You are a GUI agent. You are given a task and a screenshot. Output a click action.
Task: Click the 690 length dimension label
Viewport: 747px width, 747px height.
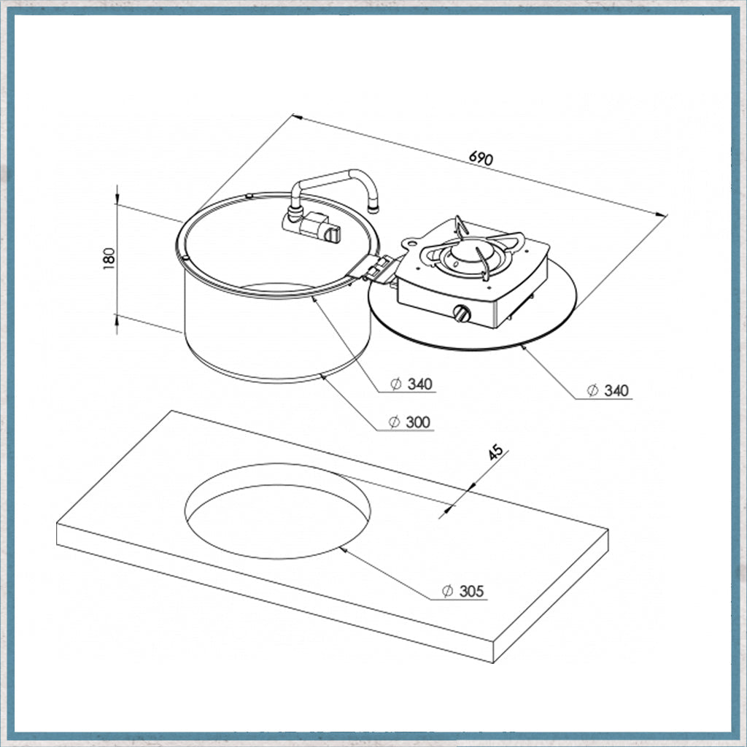[481, 158]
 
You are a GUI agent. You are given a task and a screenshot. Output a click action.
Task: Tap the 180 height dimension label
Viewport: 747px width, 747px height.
[109, 259]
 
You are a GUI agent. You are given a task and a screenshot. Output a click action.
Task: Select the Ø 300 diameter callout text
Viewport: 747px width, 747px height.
[409, 422]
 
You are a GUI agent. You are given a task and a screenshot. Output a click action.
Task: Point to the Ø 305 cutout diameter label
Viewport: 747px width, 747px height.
[462, 591]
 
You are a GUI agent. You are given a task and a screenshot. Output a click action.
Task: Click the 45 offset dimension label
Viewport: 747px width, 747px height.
[495, 452]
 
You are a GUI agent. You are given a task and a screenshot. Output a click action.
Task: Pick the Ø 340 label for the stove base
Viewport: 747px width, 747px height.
[608, 391]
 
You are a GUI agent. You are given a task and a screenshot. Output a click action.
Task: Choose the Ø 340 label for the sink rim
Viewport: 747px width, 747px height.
[411, 384]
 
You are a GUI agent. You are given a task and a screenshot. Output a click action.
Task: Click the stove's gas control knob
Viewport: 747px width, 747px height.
[462, 314]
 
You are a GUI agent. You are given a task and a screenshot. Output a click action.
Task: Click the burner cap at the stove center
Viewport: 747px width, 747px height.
[466, 253]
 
